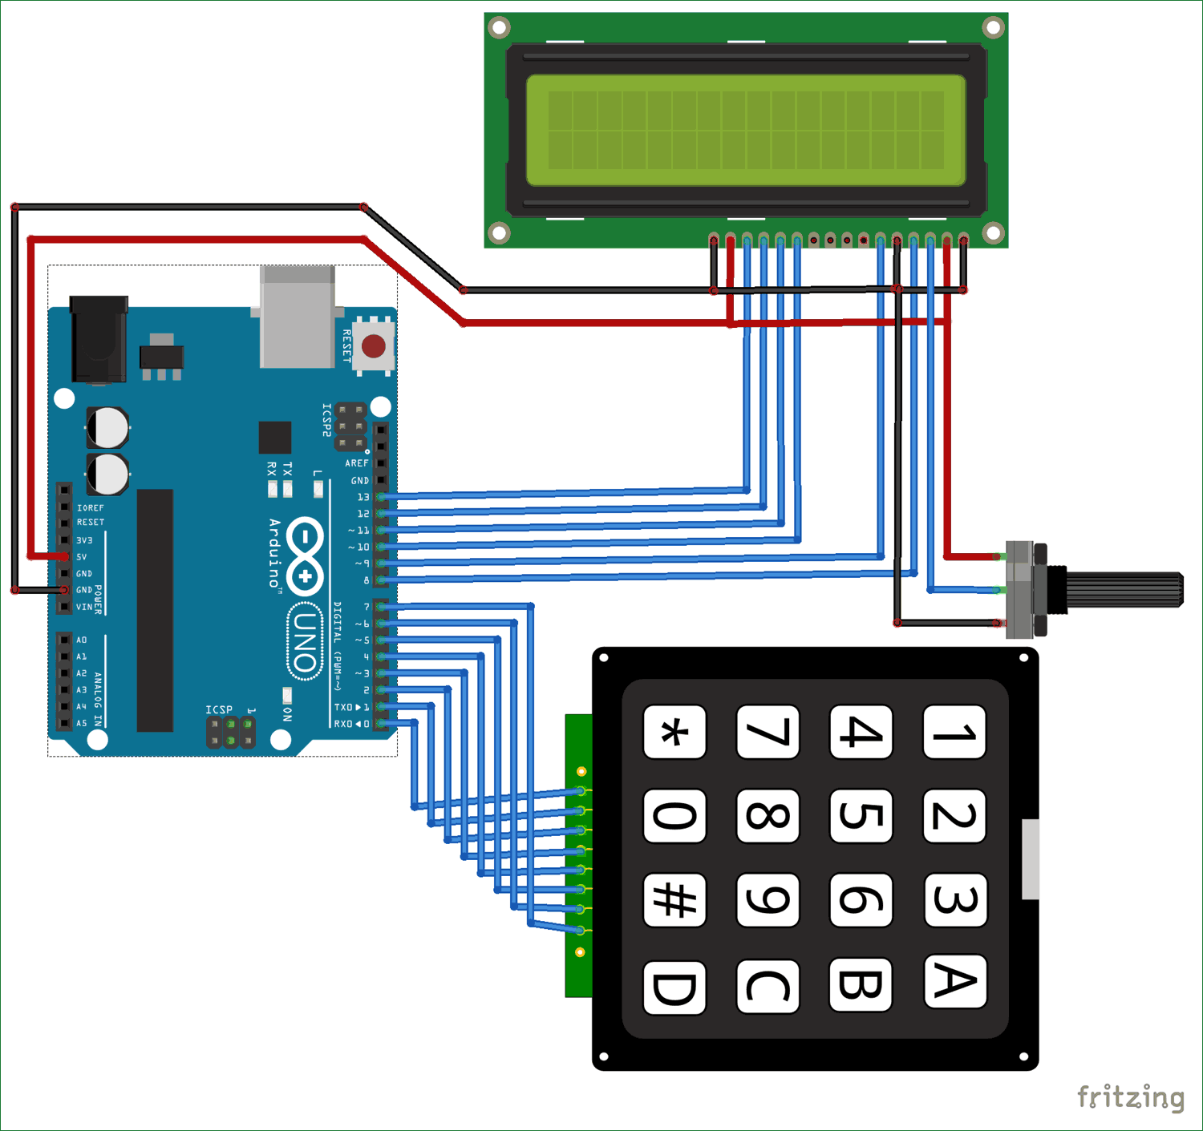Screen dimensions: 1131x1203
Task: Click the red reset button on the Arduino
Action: pyautogui.click(x=373, y=346)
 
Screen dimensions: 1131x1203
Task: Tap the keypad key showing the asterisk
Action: pyautogui.click(x=674, y=732)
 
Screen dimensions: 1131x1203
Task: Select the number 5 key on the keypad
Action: pyautogui.click(x=861, y=816)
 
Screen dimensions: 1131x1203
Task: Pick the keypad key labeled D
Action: pyautogui.click(x=674, y=987)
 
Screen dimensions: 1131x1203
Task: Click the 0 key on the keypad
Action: pyautogui.click(x=674, y=816)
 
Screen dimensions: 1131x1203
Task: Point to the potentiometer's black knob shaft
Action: pyautogui.click(x=1123, y=589)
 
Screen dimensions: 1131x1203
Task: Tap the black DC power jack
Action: pyautogui.click(x=99, y=338)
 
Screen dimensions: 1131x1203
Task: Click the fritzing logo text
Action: pyautogui.click(x=1130, y=1097)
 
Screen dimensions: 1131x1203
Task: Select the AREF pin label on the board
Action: pyautogui.click(x=357, y=463)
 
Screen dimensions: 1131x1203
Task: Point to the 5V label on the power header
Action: pyautogui.click(x=82, y=556)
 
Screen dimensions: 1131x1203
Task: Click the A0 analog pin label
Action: pyautogui.click(x=82, y=640)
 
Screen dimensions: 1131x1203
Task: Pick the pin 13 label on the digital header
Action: pyautogui.click(x=363, y=497)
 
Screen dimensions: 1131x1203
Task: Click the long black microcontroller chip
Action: pyautogui.click(x=155, y=610)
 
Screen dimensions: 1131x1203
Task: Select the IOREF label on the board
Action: pyautogui.click(x=91, y=507)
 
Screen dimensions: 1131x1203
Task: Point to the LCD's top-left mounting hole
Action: pyautogui.click(x=499, y=27)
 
